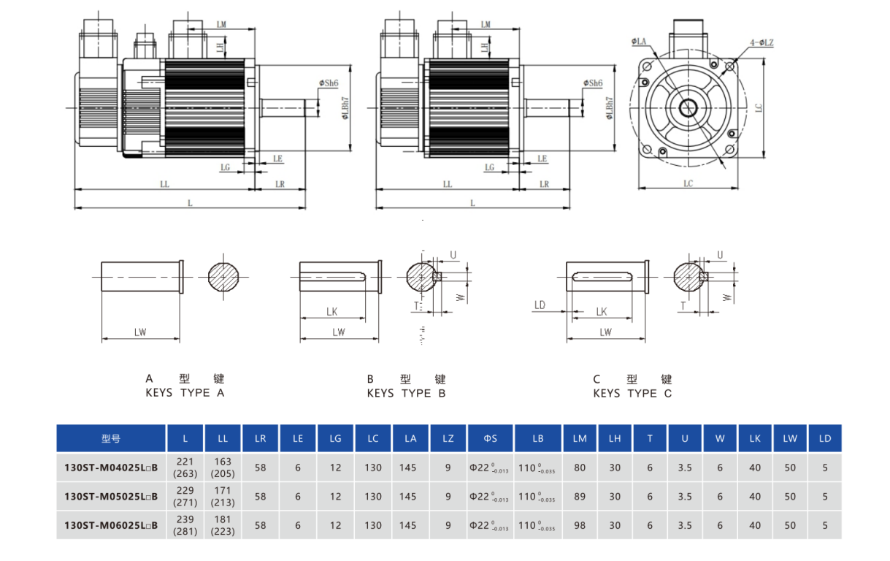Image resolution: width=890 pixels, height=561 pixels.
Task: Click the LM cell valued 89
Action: click(580, 497)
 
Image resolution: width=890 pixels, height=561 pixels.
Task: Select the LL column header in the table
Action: click(223, 439)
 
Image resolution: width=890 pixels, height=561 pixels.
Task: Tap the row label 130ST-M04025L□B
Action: click(111, 467)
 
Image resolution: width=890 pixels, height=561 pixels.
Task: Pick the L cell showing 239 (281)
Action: click(185, 525)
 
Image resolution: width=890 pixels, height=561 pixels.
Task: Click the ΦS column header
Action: click(490, 439)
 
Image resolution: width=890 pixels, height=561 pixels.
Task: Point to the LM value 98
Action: click(580, 525)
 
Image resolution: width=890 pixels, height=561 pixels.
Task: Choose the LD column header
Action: click(825, 439)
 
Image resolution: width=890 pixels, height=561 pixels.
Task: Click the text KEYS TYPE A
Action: click(185, 393)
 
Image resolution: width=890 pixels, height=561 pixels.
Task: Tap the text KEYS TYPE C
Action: click(632, 393)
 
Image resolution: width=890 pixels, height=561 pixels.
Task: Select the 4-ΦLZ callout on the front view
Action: click(762, 43)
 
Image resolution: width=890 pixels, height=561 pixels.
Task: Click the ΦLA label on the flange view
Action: click(640, 42)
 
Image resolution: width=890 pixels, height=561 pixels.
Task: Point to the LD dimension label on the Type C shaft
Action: click(540, 305)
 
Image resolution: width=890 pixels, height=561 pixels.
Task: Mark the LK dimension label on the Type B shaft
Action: click(332, 312)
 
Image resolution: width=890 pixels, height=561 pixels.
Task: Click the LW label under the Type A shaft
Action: click(140, 332)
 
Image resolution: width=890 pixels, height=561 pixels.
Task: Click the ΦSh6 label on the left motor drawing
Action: click(328, 83)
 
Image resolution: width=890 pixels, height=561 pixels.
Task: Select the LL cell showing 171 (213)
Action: click(223, 497)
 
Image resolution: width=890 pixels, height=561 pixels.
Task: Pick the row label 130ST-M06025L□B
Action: click(111, 525)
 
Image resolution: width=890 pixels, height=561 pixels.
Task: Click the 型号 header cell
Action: click(111, 439)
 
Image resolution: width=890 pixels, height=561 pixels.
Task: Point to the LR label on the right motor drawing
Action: click(544, 184)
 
